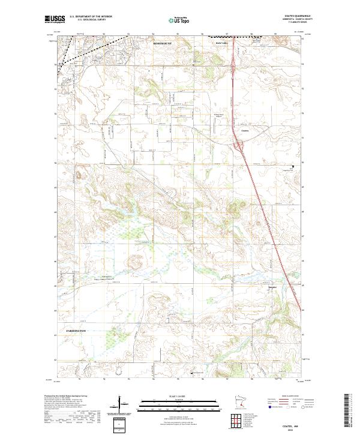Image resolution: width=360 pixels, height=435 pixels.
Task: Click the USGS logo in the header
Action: pyautogui.click(x=55, y=19)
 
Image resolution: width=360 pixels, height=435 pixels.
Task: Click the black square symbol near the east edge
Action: pyautogui.click(x=293, y=167)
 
